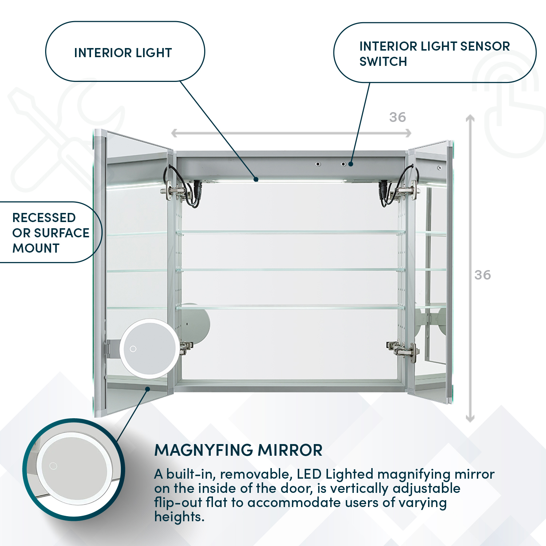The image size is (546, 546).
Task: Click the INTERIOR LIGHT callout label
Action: click(123, 53)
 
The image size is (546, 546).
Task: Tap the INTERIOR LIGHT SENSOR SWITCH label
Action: click(434, 54)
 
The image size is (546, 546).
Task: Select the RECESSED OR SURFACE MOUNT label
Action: click(50, 233)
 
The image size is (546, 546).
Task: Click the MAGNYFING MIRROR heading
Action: click(238, 450)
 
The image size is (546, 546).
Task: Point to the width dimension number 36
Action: click(397, 117)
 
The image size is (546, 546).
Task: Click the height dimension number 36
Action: click(483, 275)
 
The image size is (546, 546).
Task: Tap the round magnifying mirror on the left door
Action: click(149, 348)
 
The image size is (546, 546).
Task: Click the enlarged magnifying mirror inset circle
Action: click(74, 469)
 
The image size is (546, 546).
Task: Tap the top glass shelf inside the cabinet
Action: click(290, 232)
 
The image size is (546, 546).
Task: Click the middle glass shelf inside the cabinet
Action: click(290, 270)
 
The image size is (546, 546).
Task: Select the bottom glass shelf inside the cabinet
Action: click(290, 308)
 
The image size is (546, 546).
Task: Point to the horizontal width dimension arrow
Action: click(291, 133)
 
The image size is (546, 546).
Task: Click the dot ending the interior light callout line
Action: click(256, 179)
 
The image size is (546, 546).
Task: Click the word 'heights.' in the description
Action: click(179, 517)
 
